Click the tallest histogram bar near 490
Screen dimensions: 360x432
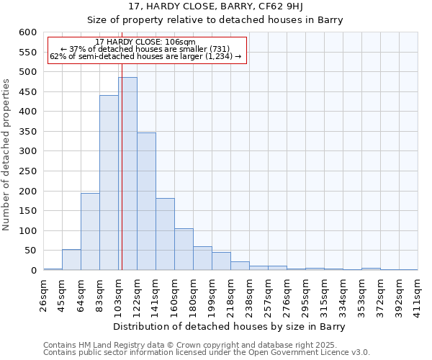(127, 174)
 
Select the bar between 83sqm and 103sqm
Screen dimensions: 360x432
(109, 183)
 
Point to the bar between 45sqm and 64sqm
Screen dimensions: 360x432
(71, 260)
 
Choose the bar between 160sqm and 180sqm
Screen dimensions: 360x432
(184, 249)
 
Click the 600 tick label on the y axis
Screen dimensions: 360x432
(27, 32)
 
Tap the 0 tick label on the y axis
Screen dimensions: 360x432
(33, 271)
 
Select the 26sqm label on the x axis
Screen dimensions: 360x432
(43, 292)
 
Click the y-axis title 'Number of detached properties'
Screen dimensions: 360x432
(6, 154)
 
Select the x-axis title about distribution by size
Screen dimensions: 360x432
(230, 326)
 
